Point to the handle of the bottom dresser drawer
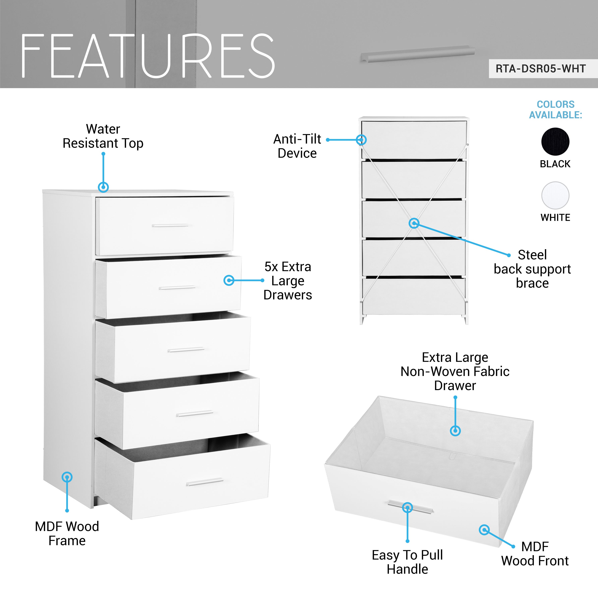coord(205,482)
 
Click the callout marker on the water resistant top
coord(103,187)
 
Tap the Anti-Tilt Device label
coord(297,146)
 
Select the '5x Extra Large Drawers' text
coord(288,281)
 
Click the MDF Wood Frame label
coord(67,533)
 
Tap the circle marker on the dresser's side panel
coord(67,477)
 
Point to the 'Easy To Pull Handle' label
coord(407,562)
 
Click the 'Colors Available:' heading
coord(556,110)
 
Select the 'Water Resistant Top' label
coord(103,136)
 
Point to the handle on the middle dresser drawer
coord(186,350)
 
